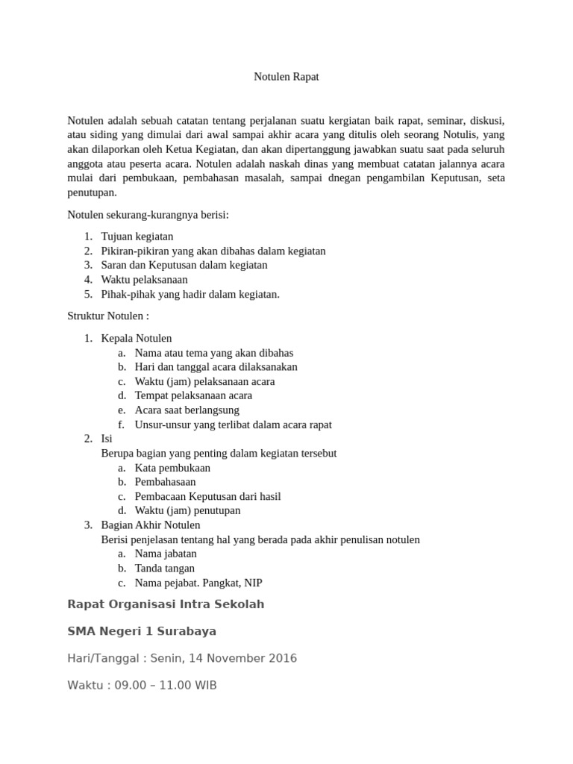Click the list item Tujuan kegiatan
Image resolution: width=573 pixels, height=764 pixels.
point(137,237)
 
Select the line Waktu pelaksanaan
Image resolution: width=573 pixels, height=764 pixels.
point(145,280)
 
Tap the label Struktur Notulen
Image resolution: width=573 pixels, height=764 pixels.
point(107,316)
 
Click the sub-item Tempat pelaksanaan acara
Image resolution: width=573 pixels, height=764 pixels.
point(193,395)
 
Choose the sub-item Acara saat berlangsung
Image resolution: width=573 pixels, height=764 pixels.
point(187,410)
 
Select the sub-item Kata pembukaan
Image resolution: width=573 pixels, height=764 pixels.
point(172,468)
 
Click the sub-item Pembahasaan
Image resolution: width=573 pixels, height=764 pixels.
point(165,482)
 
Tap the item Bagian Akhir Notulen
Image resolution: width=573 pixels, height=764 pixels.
point(151,525)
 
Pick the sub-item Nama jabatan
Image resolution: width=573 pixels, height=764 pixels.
point(166,554)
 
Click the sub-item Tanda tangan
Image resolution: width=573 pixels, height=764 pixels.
point(165,569)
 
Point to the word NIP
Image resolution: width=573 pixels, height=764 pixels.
point(253,583)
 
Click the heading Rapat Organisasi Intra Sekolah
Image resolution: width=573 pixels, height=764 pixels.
point(166,604)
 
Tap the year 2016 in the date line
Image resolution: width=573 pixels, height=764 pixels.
point(283,658)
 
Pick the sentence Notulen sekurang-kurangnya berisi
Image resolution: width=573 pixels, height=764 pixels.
point(148,215)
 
